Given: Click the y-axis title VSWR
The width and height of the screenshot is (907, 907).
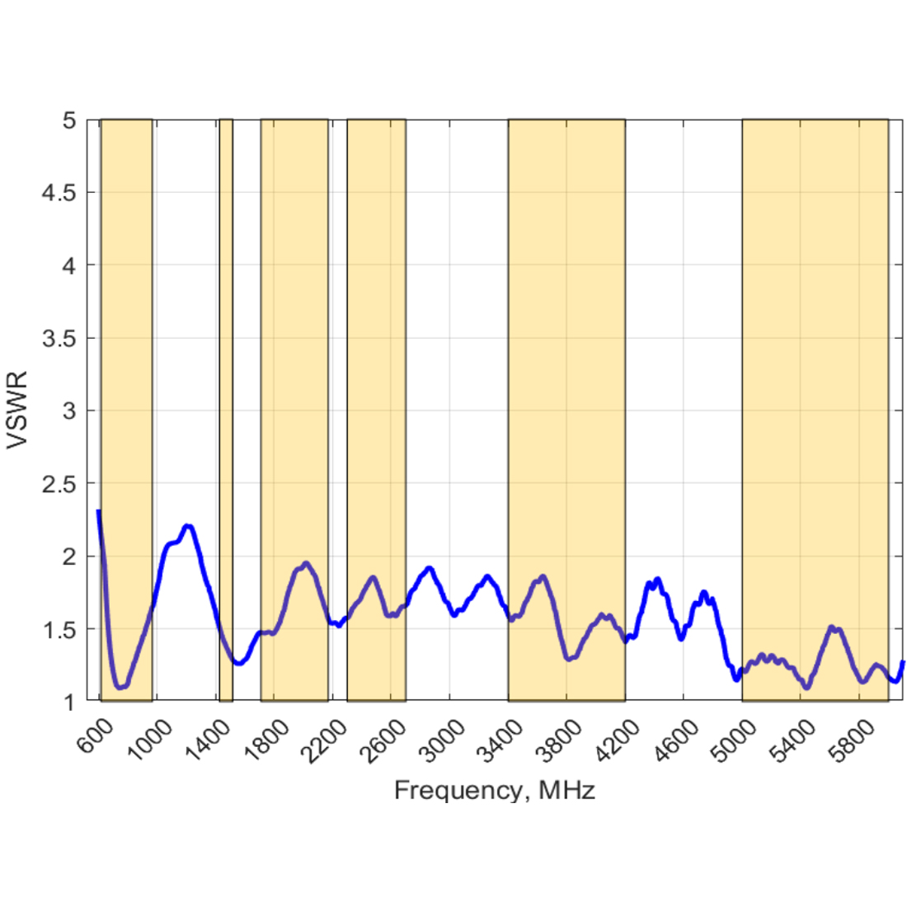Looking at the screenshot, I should [17, 410].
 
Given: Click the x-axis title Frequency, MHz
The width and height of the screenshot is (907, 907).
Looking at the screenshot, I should [494, 791].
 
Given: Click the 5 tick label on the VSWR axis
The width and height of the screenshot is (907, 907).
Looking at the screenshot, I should [69, 120].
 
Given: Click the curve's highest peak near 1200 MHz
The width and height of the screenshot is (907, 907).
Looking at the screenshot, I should [188, 526].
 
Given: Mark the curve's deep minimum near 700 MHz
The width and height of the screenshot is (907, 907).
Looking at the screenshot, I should [120, 687].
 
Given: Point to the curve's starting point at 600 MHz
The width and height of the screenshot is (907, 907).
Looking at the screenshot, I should [99, 512].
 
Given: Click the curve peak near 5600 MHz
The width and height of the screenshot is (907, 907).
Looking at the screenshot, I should [832, 627].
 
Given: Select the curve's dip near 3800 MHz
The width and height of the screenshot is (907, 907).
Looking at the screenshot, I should [568, 658].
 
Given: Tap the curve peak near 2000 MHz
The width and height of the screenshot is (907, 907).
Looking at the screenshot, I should [306, 564].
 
